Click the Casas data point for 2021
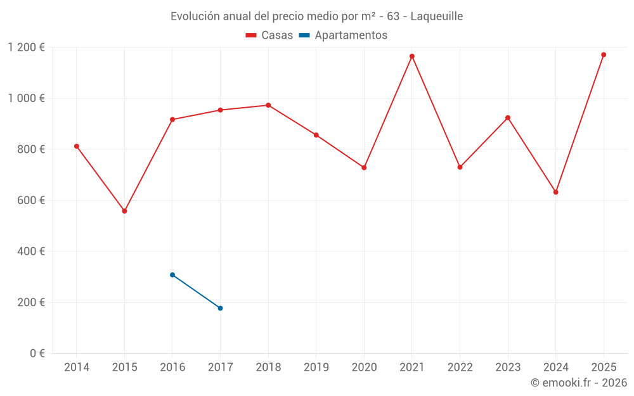click(412, 56)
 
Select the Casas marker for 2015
click(124, 211)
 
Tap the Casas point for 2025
click(604, 54)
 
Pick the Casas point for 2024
click(556, 192)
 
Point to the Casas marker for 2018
click(268, 105)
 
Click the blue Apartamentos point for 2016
click(172, 275)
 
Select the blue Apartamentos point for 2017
click(220, 308)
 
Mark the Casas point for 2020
click(364, 167)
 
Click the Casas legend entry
click(269, 35)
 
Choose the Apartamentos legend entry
click(343, 35)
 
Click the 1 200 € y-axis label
click(27, 48)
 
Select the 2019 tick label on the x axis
click(316, 367)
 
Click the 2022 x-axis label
click(460, 367)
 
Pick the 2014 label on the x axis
click(77, 367)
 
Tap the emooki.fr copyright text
click(579, 383)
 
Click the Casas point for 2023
click(508, 118)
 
